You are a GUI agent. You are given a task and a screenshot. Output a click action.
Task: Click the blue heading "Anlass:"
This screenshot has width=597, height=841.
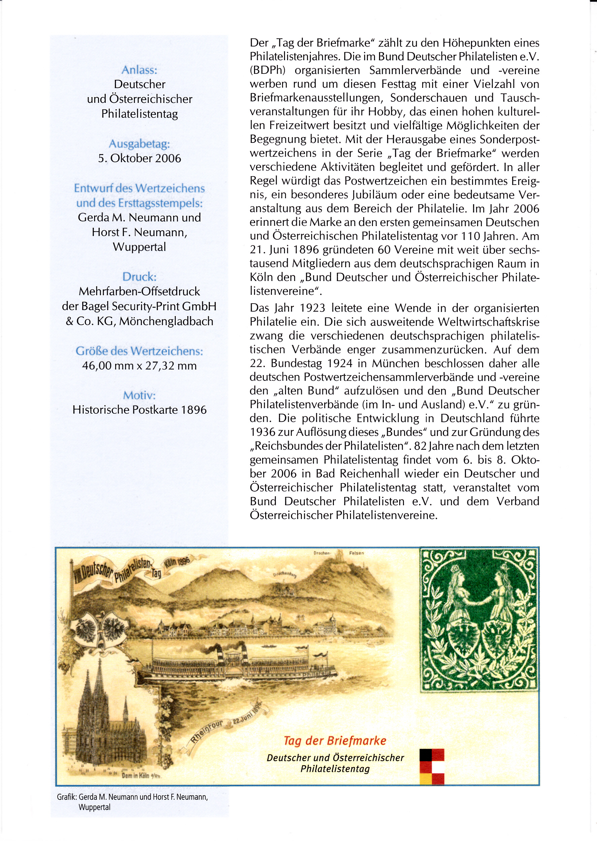pos(139,70)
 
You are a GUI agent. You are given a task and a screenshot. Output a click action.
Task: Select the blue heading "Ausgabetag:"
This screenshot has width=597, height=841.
pos(139,144)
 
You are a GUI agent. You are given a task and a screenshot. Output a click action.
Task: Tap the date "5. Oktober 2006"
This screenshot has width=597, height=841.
pos(139,158)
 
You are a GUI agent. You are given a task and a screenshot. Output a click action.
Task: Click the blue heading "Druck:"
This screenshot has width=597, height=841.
pos(139,277)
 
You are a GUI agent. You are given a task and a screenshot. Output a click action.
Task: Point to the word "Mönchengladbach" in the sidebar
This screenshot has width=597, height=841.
pos(166,321)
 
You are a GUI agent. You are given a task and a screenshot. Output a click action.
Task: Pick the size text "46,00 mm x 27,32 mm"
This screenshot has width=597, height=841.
pos(139,366)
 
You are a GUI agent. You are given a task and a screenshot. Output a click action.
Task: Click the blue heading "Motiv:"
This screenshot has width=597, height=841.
pos(139,396)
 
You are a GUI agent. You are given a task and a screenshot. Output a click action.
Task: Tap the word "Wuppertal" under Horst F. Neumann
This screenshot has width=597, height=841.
pos(139,247)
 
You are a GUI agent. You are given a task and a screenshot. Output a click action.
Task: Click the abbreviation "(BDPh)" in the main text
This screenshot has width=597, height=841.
pos(268,70)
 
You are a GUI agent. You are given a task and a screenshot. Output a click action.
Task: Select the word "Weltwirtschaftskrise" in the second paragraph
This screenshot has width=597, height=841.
pos(489,322)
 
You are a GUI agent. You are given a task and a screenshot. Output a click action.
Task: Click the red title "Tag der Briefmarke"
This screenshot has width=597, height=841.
pos(335,741)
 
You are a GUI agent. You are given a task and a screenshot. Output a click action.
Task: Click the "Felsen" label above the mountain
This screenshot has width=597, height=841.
pos(356,553)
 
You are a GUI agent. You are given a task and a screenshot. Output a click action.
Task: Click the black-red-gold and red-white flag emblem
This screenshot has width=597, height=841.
pos(432,767)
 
